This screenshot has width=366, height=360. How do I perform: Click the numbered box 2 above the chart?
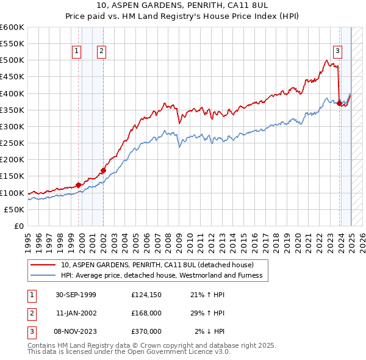click(101, 52)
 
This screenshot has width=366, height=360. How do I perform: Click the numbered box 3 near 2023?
click(337, 52)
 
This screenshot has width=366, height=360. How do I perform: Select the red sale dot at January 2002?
click(103, 170)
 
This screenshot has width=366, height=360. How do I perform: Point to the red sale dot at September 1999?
click(79, 185)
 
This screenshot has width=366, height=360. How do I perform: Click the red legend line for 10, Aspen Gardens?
click(43, 265)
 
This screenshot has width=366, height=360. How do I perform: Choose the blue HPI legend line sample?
click(43, 275)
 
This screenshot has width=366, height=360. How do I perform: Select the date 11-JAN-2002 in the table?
click(76, 313)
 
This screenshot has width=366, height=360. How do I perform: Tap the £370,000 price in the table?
click(146, 331)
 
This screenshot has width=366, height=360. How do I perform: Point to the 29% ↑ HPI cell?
click(207, 313)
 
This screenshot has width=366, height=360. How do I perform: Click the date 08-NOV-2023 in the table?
click(76, 331)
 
